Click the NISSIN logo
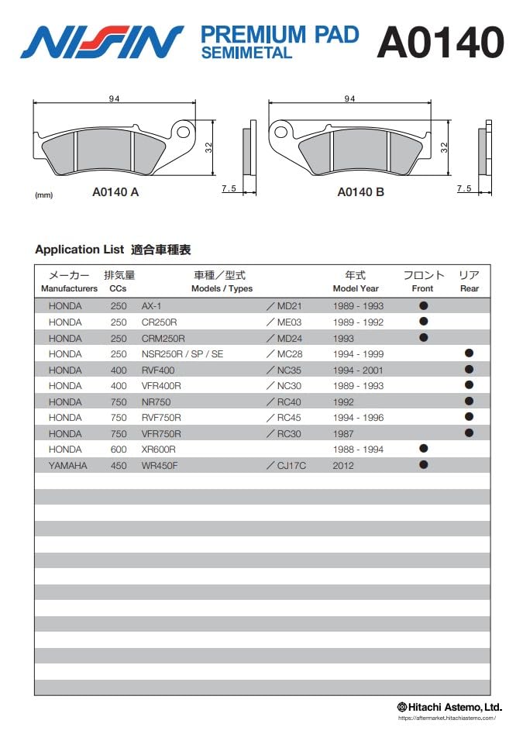(102, 42)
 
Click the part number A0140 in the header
(440, 42)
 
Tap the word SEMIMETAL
(246, 53)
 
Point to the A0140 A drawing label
(115, 192)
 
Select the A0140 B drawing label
(360, 192)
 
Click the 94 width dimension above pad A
(113, 98)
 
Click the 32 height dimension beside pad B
(444, 146)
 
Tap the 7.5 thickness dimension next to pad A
(229, 188)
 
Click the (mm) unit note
(44, 195)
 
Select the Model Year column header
(356, 281)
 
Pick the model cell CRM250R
(163, 338)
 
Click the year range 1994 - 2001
(358, 370)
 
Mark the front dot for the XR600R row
(423, 449)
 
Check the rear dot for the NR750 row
(469, 401)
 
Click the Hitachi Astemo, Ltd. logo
(449, 707)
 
